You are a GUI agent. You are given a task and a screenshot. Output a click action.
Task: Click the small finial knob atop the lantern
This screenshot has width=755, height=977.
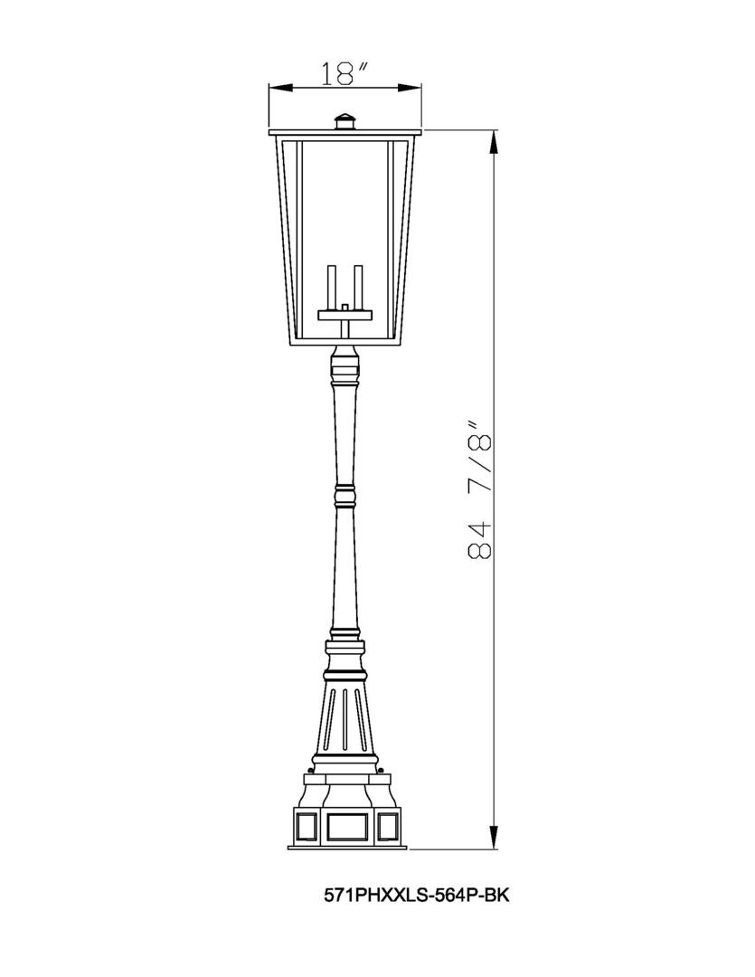(344, 121)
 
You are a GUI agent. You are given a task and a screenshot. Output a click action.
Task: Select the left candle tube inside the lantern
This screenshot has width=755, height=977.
(331, 288)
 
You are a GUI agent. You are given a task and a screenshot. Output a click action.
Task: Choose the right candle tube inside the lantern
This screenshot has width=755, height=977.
(358, 288)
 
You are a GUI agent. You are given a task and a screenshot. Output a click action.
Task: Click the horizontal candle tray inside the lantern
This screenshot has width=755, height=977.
(344, 315)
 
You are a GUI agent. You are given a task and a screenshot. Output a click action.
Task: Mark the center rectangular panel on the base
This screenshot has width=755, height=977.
(344, 824)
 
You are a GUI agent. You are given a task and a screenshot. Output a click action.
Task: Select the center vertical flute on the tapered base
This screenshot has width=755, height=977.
(344, 718)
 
